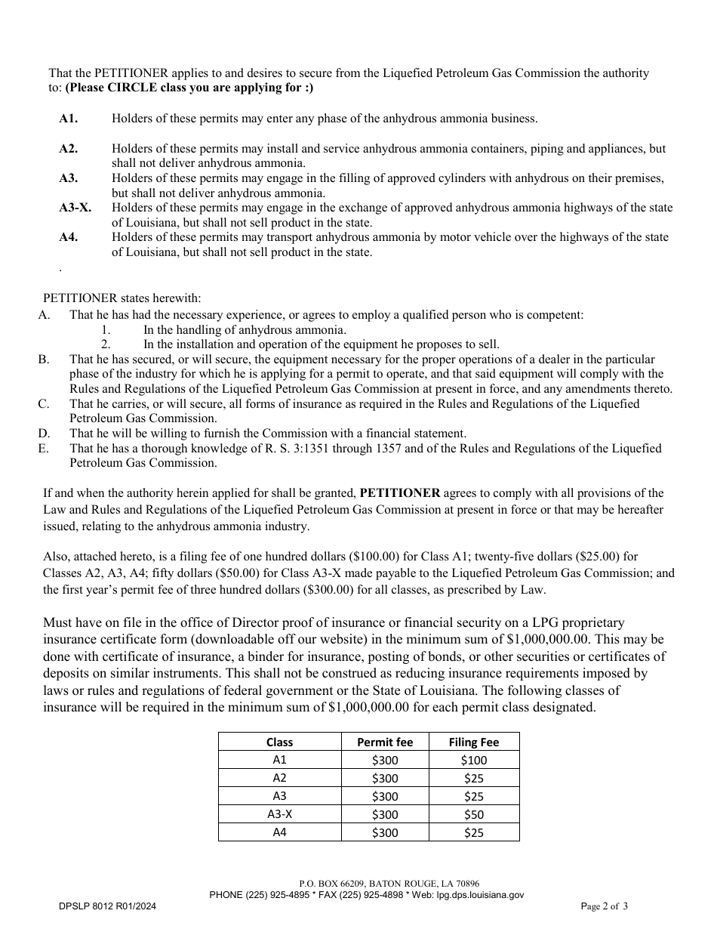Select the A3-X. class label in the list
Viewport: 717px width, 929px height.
click(75, 208)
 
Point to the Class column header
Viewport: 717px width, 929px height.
click(279, 742)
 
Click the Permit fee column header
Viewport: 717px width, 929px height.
click(385, 742)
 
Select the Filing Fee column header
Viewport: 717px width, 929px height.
click(473, 742)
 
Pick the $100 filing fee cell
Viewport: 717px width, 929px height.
click(473, 760)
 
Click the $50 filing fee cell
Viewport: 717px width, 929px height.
click(473, 814)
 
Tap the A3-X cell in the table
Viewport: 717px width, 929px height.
click(279, 814)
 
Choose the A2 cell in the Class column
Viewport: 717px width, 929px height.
click(279, 778)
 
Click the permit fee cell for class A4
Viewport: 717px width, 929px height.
click(385, 832)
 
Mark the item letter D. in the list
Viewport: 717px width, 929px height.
click(44, 434)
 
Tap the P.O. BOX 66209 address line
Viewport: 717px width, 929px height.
click(389, 883)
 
